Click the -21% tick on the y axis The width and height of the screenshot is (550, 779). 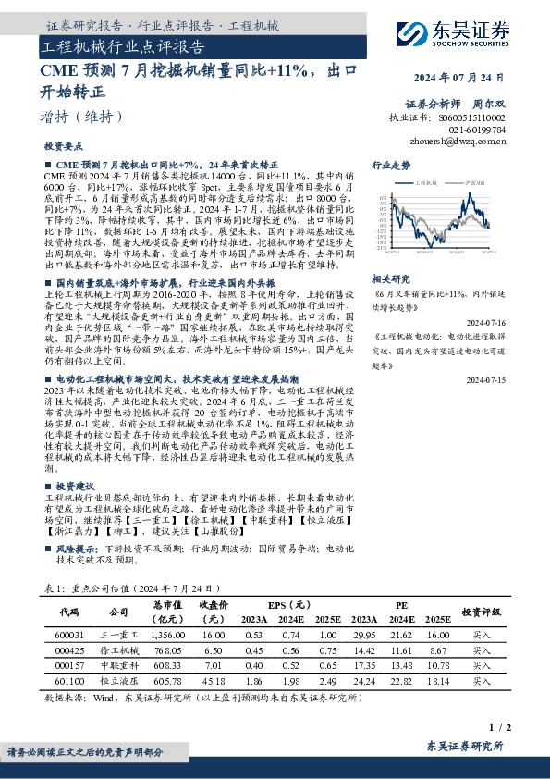[x=380, y=248]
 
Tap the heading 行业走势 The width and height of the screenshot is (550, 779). [x=390, y=164]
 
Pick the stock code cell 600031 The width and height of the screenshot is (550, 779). [x=70, y=635]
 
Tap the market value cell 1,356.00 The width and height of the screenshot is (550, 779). [x=167, y=635]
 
